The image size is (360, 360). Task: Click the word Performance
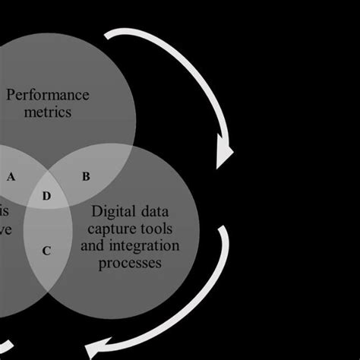58,95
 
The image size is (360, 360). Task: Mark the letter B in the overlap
86,177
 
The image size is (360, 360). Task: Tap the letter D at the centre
46,197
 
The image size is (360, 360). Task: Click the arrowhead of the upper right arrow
225,156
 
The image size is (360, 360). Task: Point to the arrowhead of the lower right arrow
97,350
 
